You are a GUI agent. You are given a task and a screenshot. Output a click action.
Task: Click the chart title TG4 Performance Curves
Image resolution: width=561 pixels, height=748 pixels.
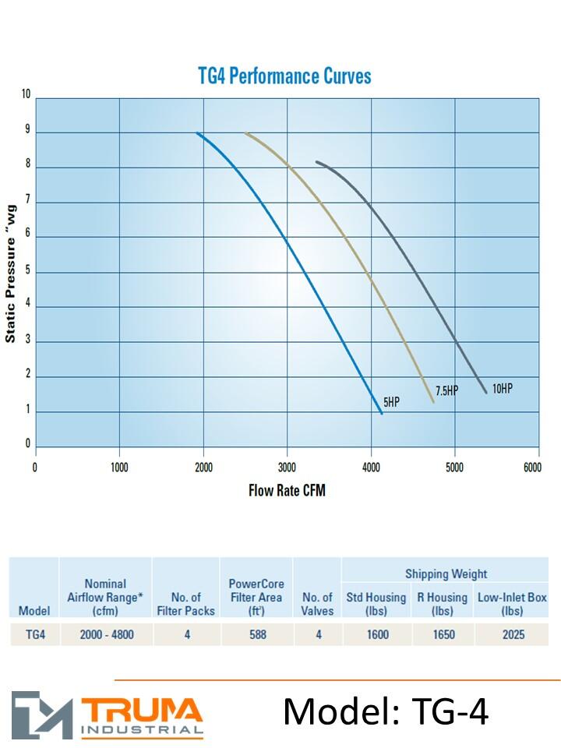[x=284, y=76]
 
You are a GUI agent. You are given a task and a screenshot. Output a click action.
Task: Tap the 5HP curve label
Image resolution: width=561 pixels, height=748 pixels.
[x=390, y=403]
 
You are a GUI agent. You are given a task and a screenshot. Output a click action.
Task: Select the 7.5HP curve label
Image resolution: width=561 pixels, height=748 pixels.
[x=446, y=391]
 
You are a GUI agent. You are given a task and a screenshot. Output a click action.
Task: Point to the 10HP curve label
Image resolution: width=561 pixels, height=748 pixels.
[x=503, y=388]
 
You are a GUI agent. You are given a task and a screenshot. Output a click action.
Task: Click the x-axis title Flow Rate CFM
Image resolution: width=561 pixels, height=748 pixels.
[x=287, y=491]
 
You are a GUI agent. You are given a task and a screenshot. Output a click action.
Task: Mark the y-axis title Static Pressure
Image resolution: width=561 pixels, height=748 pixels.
[x=11, y=279]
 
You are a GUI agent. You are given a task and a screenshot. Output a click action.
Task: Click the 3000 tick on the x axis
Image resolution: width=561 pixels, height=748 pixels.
[x=287, y=467]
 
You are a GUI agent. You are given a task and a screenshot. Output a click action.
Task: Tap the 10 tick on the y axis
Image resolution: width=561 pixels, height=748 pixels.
[x=26, y=95]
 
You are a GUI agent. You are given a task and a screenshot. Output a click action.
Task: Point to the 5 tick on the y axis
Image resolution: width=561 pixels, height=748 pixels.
[x=27, y=271]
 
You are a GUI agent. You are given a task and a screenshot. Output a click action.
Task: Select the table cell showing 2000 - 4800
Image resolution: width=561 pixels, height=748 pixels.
[x=106, y=635]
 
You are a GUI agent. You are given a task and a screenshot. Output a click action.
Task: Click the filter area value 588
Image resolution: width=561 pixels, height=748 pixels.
[x=257, y=635]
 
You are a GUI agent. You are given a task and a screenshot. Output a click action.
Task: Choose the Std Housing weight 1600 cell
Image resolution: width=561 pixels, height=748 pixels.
[x=376, y=635]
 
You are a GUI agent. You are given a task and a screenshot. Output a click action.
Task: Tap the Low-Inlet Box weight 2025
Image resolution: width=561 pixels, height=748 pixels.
[x=512, y=635]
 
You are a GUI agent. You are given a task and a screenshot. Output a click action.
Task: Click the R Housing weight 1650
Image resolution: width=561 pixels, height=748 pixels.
[x=443, y=635]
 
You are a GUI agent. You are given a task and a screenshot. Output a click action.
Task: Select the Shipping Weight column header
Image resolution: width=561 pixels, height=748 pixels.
[x=446, y=574]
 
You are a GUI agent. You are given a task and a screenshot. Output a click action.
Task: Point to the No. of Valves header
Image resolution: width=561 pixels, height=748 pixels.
[x=317, y=604]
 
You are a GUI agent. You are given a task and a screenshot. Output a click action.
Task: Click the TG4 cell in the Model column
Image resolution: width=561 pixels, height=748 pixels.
[x=36, y=635]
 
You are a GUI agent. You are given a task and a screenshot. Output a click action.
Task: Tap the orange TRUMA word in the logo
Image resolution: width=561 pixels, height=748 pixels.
[x=142, y=709]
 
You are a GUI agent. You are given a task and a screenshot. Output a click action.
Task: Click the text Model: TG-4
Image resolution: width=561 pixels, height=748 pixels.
[x=386, y=711]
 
